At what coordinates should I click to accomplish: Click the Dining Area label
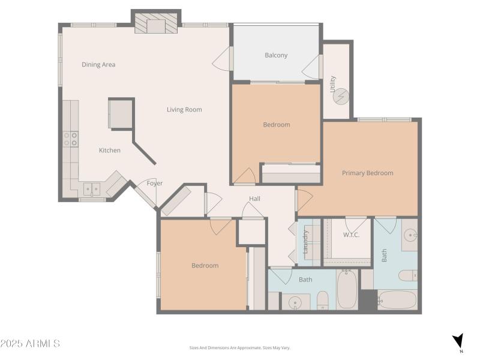(98, 64)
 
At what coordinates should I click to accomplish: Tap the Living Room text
(184, 109)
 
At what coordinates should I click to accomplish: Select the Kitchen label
(110, 150)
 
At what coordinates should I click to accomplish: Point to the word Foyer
(155, 183)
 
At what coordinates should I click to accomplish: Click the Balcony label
(276, 55)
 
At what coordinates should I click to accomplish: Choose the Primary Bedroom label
(367, 173)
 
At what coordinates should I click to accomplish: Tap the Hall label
(255, 198)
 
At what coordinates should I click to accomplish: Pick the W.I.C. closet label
(350, 235)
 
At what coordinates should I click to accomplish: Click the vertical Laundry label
(305, 241)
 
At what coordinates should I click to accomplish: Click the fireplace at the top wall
(157, 25)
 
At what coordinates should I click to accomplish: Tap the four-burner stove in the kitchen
(70, 139)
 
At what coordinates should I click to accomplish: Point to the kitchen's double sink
(92, 190)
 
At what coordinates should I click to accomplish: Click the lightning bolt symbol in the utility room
(341, 96)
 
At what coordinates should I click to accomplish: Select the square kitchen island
(121, 113)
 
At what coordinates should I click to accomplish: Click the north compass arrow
(458, 341)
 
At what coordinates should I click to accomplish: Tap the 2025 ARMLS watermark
(30, 344)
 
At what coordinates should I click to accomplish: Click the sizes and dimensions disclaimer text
(239, 347)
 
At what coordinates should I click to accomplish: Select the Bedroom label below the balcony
(276, 125)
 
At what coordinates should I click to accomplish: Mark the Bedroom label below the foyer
(205, 265)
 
